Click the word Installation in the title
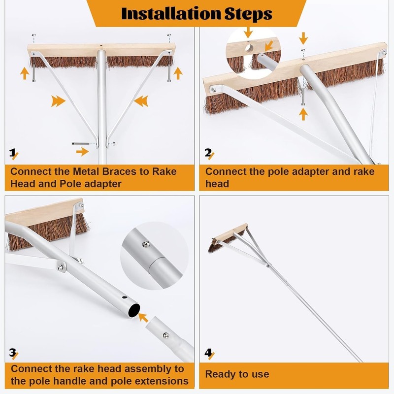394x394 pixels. tap(171, 14)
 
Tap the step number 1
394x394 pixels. tap(12, 153)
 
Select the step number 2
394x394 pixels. tap(208, 153)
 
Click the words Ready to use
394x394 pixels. tap(237, 374)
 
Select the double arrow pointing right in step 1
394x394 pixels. tap(58, 101)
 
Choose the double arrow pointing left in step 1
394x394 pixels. tap(141, 101)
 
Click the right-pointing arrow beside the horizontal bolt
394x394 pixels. tap(82, 152)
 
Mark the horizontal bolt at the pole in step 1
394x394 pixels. tap(81, 143)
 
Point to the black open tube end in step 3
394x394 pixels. tap(133, 310)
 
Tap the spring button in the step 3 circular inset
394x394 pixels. tap(146, 243)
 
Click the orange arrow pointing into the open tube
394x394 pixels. tap(143, 317)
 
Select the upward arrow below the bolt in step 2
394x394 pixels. tap(303, 114)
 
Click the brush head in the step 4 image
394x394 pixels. tap(228, 237)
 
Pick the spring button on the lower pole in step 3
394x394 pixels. tap(165, 335)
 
